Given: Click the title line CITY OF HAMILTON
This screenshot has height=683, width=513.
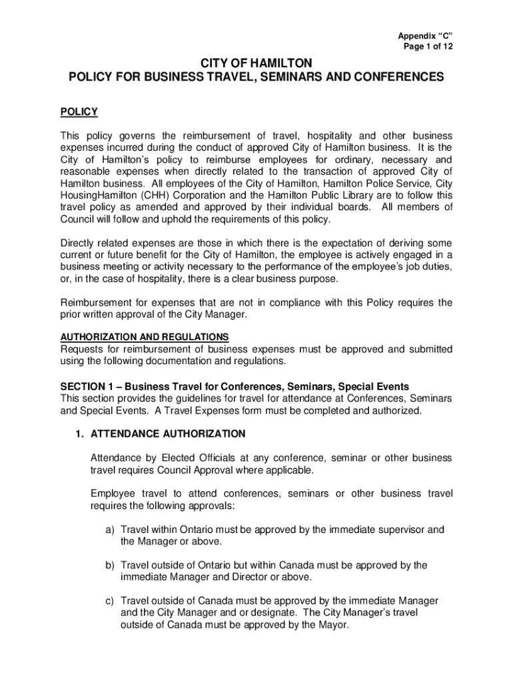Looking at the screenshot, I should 256,64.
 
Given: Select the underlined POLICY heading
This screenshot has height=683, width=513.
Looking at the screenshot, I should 79,111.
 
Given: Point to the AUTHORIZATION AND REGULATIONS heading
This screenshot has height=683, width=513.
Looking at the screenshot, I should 145,337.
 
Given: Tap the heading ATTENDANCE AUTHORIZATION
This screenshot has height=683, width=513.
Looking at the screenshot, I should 168,434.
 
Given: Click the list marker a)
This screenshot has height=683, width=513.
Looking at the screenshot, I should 109,530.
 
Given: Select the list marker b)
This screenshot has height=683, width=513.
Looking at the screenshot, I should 109,565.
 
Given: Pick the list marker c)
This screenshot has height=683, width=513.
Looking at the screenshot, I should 109,601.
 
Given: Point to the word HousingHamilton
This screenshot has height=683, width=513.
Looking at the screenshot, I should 99,195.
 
